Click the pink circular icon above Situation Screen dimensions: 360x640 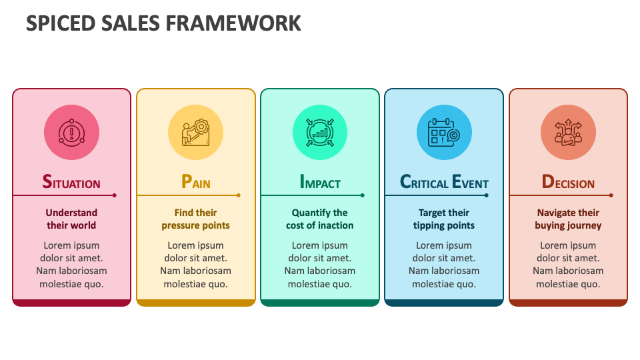71,132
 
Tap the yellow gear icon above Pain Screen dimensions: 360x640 195,132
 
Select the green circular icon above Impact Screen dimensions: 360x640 320,132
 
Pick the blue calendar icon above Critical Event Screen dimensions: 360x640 444,132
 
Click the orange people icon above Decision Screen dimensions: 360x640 568,132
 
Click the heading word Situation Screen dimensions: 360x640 71,182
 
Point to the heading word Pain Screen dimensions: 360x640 195,182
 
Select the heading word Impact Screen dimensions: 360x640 320,182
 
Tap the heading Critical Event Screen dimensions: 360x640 444,182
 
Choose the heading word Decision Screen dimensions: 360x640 568,182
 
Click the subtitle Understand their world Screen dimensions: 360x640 71,219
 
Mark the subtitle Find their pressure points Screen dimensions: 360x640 195,219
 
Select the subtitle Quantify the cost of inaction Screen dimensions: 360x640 320,219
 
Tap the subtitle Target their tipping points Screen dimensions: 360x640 444,219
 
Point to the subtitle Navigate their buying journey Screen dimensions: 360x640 568,219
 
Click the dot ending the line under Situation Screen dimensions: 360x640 115,195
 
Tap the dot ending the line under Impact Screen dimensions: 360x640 363,195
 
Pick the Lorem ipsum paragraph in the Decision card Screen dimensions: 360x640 568,264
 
